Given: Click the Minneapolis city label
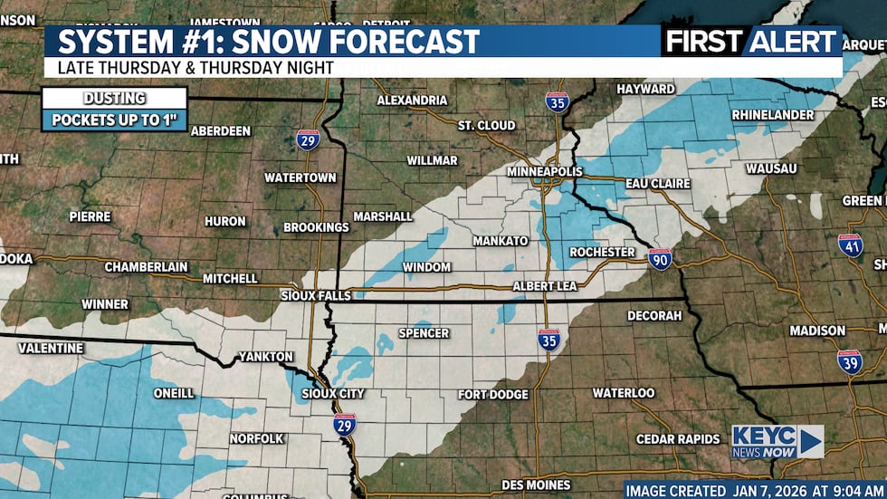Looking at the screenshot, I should (x=543, y=171).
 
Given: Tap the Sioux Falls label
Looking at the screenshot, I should (x=316, y=294).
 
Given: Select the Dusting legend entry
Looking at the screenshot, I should (x=114, y=98).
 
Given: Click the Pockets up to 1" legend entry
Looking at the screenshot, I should (x=114, y=120).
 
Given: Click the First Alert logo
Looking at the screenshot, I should (x=750, y=42).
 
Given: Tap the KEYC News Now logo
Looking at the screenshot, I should (x=777, y=442).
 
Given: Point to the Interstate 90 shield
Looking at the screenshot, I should (x=660, y=260).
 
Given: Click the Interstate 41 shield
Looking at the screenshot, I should (x=850, y=245).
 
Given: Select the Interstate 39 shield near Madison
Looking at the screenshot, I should (x=849, y=361).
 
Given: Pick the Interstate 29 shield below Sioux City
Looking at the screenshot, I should (x=344, y=425).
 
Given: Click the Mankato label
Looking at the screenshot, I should (x=500, y=241).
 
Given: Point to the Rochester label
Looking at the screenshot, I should (x=602, y=252).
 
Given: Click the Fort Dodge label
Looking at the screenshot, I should (x=492, y=394).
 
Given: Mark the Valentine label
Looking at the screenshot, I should (x=51, y=348).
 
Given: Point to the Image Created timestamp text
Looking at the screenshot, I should (x=752, y=490).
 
